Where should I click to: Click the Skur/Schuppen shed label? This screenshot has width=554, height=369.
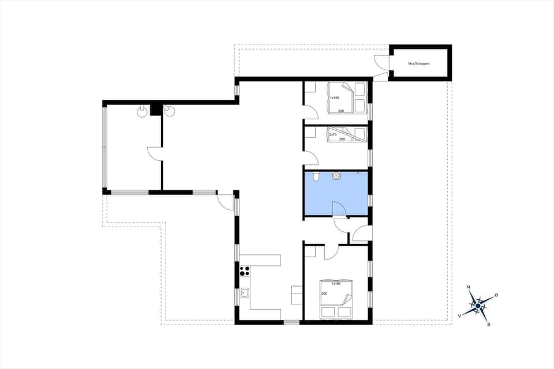(x=419, y=63)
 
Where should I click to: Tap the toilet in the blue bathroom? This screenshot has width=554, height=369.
(x=316, y=176)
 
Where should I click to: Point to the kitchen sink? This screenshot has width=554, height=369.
(x=245, y=293)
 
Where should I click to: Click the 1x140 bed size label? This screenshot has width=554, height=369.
(x=334, y=98)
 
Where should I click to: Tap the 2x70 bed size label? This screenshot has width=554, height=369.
(x=332, y=134)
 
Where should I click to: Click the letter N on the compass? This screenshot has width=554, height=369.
(x=469, y=287)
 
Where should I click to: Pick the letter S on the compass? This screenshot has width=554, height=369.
(x=489, y=324)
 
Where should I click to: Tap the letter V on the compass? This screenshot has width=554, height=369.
(x=460, y=315)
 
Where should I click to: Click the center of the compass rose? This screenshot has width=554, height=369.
(x=478, y=305)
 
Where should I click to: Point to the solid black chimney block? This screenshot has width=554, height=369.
(x=155, y=109)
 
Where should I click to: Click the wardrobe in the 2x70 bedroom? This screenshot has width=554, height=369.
(x=310, y=132)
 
